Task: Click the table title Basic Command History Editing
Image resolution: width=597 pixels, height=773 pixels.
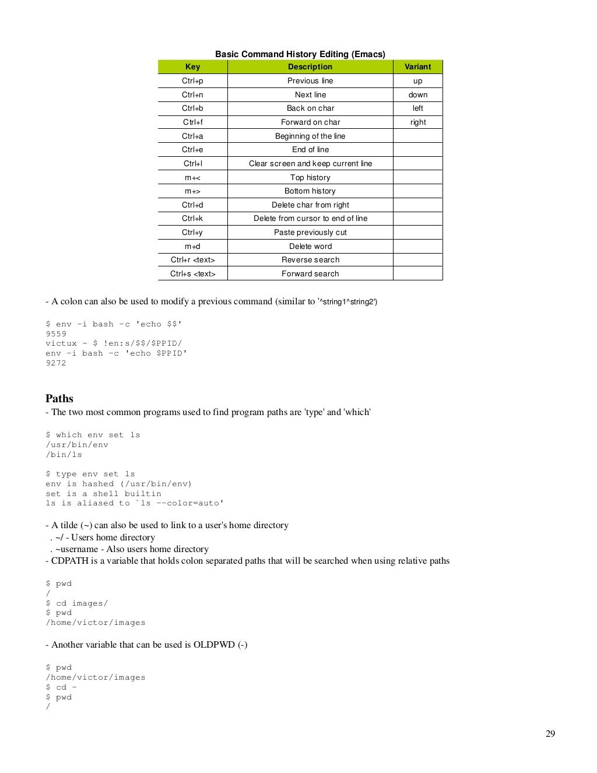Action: pos(300,54)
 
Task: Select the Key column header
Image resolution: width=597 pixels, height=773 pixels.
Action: pos(192,67)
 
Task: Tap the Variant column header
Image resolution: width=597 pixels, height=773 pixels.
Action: pos(417,67)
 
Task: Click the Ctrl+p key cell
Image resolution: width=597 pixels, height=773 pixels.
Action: pos(192,81)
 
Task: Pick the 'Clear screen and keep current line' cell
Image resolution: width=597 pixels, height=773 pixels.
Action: pos(310,164)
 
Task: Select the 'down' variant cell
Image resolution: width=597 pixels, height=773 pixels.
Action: pos(417,95)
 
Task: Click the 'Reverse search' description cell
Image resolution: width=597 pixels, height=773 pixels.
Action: pos(310,260)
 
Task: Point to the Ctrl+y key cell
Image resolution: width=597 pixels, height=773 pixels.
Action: pos(192,233)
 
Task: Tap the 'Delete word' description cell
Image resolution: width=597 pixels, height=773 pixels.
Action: pos(310,247)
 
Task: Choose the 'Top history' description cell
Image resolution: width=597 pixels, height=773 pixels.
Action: pos(310,178)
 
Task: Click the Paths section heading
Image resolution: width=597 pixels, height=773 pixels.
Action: pos(59,399)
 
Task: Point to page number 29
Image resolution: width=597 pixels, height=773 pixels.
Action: pos(550,734)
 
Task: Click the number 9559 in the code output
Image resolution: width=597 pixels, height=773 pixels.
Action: pos(56,334)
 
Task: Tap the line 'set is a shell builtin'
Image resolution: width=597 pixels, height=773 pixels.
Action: pos(103,494)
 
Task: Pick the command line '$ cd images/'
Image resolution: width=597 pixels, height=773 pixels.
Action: pos(77,603)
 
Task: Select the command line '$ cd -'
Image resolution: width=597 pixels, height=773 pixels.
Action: pos(61,687)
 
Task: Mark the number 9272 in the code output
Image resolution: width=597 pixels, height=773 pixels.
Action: pos(56,363)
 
